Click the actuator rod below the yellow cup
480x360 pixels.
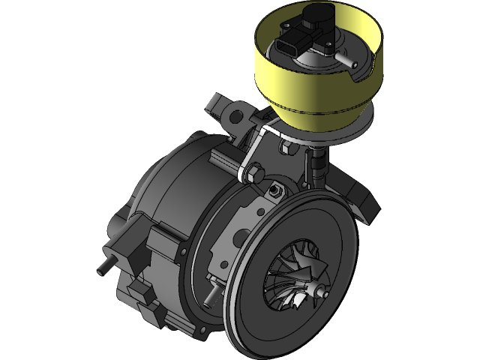(x=319, y=161)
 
